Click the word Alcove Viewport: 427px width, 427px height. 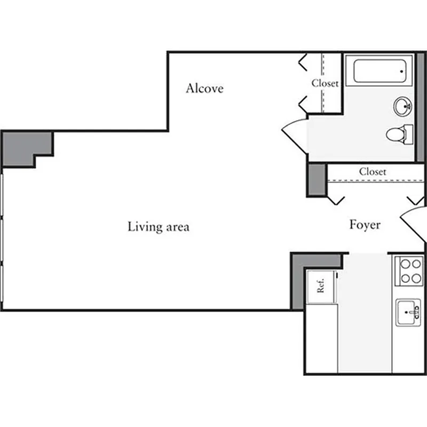[x=204, y=89]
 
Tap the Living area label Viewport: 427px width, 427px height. [x=159, y=227]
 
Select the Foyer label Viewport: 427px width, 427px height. [x=365, y=225]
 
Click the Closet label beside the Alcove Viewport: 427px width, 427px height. [x=325, y=83]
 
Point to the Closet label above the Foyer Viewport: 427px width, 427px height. [x=372, y=172]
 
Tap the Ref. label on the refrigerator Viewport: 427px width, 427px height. [x=321, y=287]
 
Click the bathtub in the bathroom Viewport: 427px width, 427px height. [x=379, y=71]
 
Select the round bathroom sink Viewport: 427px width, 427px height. [x=403, y=106]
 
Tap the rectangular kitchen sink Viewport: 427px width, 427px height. [x=408, y=312]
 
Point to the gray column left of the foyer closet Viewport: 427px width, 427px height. [x=317, y=179]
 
